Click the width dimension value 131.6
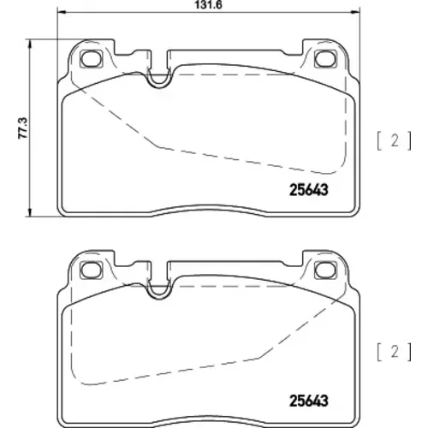tap(208, 5)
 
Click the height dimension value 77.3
tap(23, 128)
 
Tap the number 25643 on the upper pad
tap(309, 190)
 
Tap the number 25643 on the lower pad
tap(309, 401)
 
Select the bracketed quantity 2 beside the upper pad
tap(395, 141)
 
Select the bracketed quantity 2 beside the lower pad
tap(395, 353)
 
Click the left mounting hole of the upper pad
tap(92, 58)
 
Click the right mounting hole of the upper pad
tap(325, 58)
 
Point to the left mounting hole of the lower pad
tap(92, 270)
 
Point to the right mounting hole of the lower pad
tap(325, 270)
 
